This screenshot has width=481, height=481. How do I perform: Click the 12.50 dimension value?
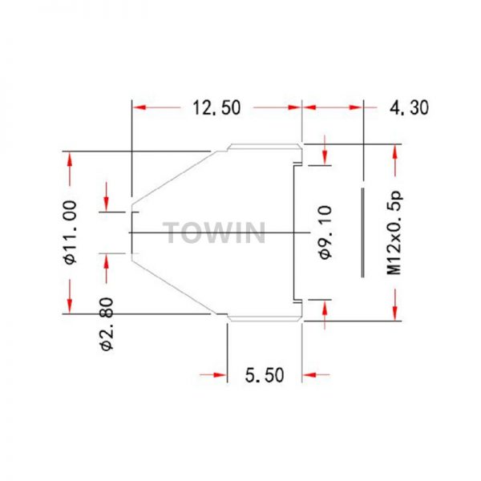(216, 107)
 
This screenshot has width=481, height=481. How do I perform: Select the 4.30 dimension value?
(409, 107)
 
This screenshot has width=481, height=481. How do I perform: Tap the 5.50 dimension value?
(265, 375)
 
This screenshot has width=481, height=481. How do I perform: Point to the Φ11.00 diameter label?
(71, 232)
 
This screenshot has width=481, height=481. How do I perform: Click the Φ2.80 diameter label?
(107, 324)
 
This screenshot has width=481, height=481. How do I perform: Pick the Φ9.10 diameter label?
(325, 232)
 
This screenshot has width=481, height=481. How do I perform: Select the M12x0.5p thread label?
(394, 233)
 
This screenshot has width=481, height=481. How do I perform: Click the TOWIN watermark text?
(214, 232)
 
